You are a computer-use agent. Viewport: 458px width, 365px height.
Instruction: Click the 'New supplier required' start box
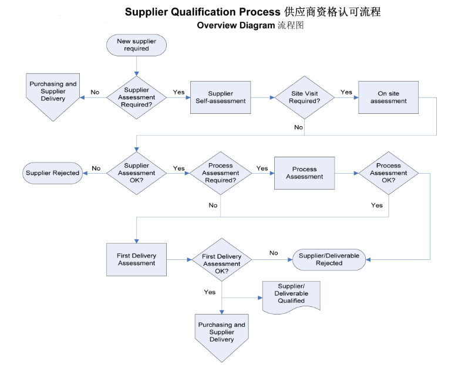click(136, 45)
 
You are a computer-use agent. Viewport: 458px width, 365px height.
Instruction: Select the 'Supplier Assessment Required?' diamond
click(136, 97)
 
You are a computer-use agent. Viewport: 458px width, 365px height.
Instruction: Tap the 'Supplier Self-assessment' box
click(221, 97)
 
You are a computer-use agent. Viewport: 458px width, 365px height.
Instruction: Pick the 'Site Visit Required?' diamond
click(304, 97)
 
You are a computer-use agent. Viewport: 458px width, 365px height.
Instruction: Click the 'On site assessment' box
click(388, 97)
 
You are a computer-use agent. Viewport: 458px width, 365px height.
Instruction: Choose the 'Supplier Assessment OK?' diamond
click(136, 173)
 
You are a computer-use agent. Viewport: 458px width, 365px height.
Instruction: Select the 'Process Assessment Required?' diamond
click(220, 173)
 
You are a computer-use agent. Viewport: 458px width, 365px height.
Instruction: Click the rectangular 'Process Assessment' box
click(305, 173)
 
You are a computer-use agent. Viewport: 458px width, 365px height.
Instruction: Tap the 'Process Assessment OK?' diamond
click(388, 173)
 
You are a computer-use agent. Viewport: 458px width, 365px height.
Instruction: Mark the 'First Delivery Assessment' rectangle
click(136, 259)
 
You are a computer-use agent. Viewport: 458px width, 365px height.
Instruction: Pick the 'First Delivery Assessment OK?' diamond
click(221, 259)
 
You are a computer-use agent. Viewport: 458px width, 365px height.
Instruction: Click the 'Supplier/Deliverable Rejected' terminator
click(329, 259)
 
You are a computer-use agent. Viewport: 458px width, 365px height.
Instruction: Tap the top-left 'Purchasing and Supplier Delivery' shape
click(53, 94)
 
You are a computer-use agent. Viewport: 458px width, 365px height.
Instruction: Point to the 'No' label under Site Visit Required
click(298, 127)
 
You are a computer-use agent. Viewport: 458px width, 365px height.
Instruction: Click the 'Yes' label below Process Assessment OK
click(377, 205)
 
